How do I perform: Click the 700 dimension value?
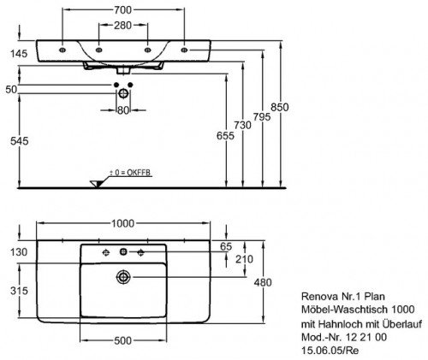coord(123,10)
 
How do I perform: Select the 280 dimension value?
coord(123,26)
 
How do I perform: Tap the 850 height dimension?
coord(280,107)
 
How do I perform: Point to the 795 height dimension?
coord(262,116)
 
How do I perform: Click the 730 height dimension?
coord(242,125)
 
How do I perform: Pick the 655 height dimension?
coord(225,136)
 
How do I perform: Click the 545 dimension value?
coord(20,141)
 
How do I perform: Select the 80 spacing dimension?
coord(123,110)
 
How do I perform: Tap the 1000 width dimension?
coord(122,223)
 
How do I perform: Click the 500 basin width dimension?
coord(122,340)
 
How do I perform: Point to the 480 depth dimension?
coord(263,282)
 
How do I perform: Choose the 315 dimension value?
coord(19,291)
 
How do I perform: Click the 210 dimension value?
coord(244,259)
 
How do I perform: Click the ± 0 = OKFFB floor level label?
coord(130,173)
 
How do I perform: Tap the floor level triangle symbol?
coord(97,184)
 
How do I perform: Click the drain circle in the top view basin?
coord(123,277)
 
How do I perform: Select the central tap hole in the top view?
coord(123,252)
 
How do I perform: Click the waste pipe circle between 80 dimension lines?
coord(123,93)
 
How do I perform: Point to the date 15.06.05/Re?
coord(330,351)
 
